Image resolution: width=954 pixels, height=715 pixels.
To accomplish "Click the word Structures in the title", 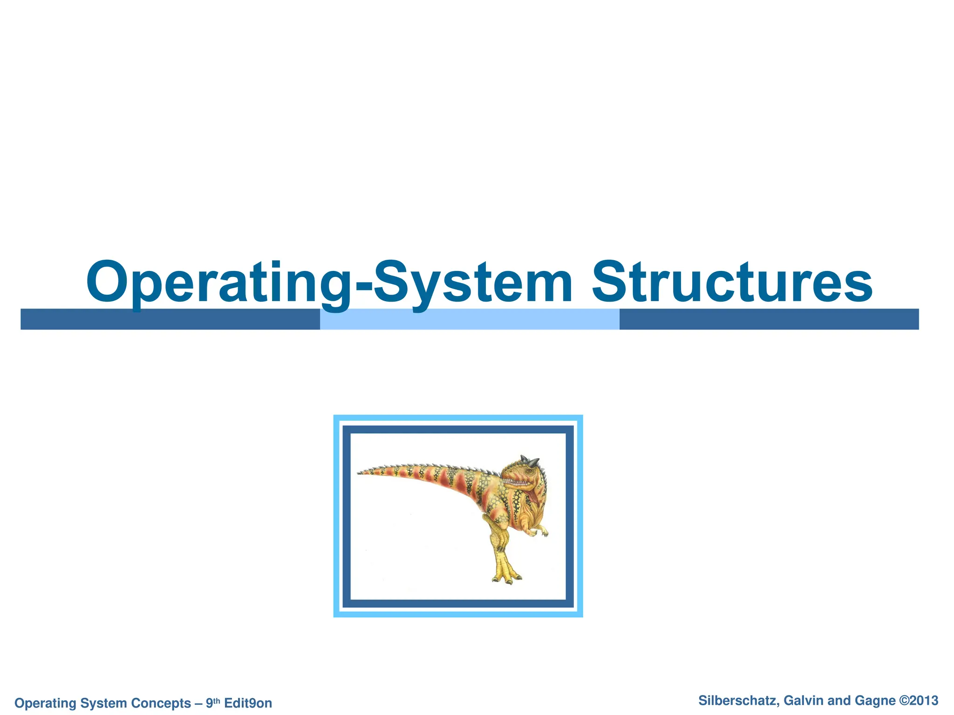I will point(732,282).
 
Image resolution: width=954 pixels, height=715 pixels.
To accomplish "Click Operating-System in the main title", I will point(329,282).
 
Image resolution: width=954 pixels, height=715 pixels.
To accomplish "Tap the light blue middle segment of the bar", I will point(469,319).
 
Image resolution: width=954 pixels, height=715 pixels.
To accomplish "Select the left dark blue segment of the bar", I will point(170,319).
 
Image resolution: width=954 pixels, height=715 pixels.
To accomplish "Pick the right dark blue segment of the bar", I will point(769,319).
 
